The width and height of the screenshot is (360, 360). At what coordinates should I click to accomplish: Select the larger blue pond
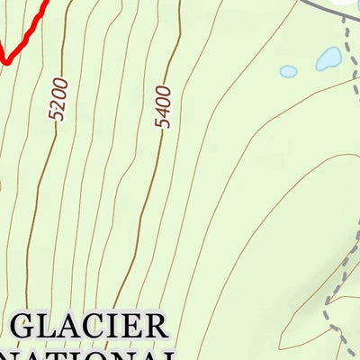click(327, 59)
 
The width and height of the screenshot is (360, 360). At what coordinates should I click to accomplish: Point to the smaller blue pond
click(288, 71)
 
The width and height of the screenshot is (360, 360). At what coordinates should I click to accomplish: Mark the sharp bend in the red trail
click(5, 61)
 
